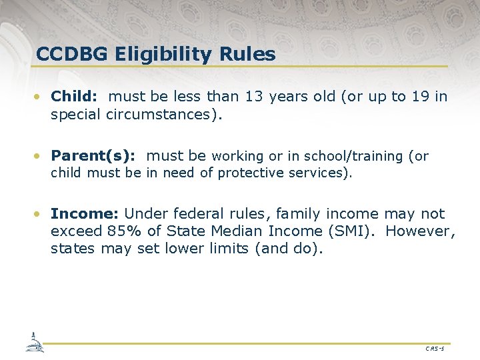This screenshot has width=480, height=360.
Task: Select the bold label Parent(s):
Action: pyautogui.click(x=93, y=156)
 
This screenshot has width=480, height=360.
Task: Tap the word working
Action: pyautogui.click(x=238, y=157)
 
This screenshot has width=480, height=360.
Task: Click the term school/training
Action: pyautogui.click(x=354, y=157)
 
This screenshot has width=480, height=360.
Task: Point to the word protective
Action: pyautogui.click(x=250, y=173)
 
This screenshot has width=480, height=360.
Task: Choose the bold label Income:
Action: pyautogui.click(x=85, y=214)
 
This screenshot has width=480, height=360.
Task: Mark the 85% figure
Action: pyautogui.click(x=122, y=231)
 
